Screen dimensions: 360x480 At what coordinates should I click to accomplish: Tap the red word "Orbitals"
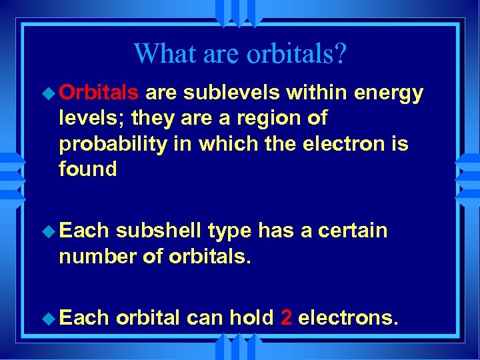99,93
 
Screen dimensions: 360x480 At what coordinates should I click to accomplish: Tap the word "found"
88,169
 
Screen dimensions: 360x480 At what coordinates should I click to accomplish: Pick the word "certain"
353,231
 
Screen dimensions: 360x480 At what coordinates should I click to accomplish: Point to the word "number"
93,256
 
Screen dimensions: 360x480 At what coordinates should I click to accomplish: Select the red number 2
286,318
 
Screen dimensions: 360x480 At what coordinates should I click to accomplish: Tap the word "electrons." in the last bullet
349,318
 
